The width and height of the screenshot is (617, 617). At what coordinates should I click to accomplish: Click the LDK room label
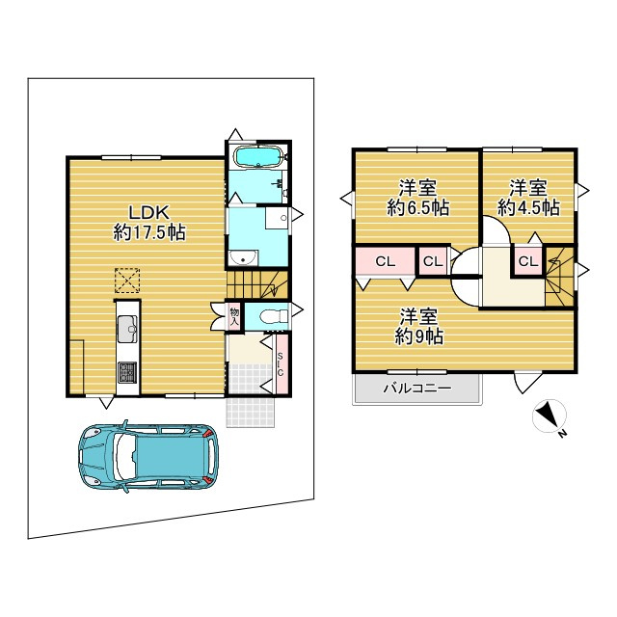click(x=149, y=213)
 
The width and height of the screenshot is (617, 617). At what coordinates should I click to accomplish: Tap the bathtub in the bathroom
click(x=258, y=156)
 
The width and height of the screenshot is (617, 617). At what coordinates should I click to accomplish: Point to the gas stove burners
click(x=128, y=372)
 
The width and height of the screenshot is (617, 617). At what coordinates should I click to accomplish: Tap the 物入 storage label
click(x=234, y=316)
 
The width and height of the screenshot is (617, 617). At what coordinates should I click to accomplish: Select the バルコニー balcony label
click(x=417, y=389)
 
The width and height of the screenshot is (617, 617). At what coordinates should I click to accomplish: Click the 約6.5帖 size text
click(x=418, y=208)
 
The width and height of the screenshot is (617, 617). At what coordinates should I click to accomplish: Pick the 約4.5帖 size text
click(x=528, y=208)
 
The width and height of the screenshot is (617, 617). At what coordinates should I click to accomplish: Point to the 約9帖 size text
click(x=419, y=336)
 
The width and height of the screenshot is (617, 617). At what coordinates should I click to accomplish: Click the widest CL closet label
click(x=386, y=261)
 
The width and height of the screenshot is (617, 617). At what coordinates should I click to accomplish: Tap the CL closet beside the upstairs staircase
click(x=528, y=261)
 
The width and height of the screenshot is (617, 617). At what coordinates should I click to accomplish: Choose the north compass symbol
click(x=550, y=416)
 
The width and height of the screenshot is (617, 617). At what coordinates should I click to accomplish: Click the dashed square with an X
click(x=127, y=281)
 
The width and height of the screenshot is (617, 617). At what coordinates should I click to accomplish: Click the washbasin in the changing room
click(x=243, y=258)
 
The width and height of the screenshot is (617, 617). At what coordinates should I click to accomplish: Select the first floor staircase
click(x=257, y=284)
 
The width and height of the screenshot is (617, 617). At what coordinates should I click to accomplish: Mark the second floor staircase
click(x=559, y=277)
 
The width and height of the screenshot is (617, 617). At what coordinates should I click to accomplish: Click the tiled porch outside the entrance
click(x=251, y=412)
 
